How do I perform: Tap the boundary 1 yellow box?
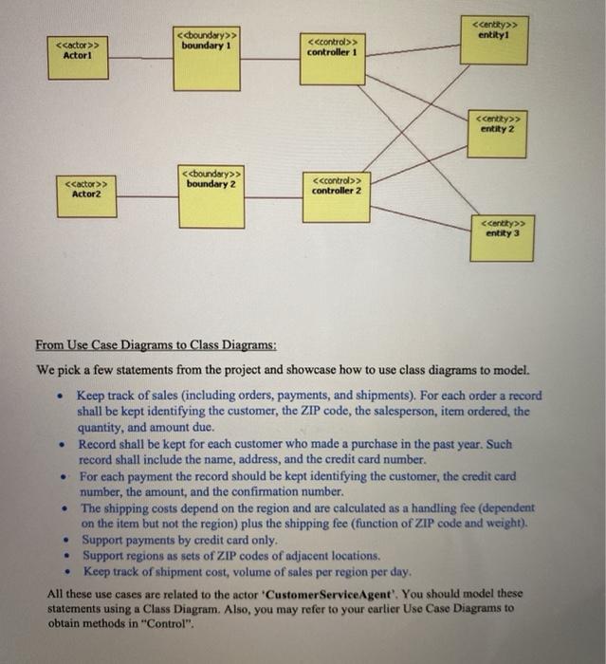coord(207,60)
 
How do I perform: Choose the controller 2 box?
coord(336,195)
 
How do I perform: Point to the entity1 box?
coord(493,39)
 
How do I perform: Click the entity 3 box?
coord(502,237)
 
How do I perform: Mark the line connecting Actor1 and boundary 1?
coord(141,59)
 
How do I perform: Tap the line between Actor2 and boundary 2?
coord(148,196)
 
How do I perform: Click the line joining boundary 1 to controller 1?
coord(269,59)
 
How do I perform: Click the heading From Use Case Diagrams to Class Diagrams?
coord(156,344)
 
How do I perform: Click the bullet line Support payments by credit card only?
coord(178,539)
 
